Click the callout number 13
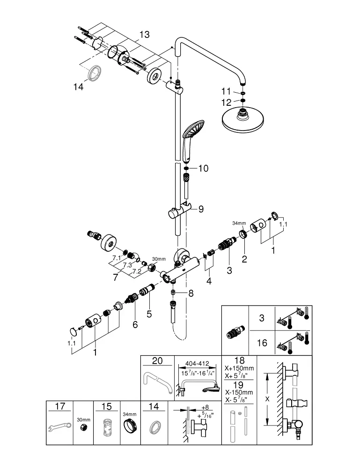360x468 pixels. [145, 35]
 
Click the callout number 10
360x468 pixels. [203, 168]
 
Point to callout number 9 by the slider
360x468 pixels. [201, 209]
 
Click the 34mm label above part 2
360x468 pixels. [239, 223]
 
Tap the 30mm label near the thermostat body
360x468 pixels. [159, 259]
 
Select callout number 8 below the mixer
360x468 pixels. [191, 293]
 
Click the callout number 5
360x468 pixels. [149, 314]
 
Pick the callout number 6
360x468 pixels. [135, 324]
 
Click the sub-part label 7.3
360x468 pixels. [127, 265]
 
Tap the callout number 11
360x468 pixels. [226, 91]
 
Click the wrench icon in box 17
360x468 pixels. [60, 427]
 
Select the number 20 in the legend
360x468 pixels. [157, 360]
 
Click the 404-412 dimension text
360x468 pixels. [197, 364]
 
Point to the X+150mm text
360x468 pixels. [239, 368]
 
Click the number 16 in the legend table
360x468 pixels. [262, 343]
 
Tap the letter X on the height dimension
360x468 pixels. [267, 399]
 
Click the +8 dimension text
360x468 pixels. [205, 407]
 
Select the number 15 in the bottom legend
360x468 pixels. [106, 407]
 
